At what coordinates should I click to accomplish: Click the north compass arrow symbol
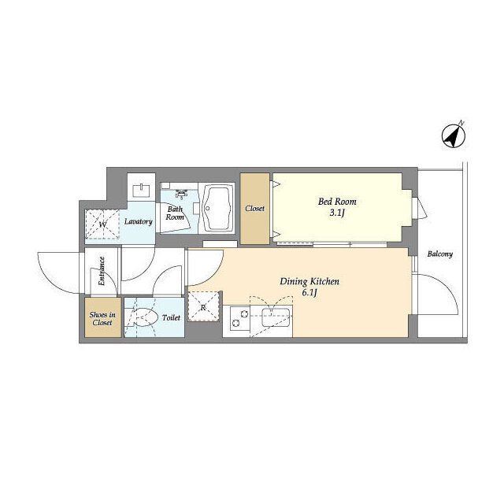tap(454, 136)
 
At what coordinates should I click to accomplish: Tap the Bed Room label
tap(337, 202)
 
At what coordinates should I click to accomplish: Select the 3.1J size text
tap(336, 213)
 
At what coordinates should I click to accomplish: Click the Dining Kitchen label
tap(309, 282)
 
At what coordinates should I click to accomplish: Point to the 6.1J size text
tap(309, 293)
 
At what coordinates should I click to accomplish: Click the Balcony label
tap(440, 254)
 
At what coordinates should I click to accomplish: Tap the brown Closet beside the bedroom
tap(255, 209)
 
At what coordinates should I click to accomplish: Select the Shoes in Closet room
tap(103, 317)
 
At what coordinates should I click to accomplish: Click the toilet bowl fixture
tap(146, 317)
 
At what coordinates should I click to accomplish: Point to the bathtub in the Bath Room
tap(217, 208)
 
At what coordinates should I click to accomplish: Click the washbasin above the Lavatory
tap(142, 191)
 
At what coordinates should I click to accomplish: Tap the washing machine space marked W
tap(102, 224)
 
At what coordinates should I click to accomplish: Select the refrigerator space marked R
tap(204, 306)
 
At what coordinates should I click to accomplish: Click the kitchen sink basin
tap(276, 317)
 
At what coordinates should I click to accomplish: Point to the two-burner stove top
tap(240, 319)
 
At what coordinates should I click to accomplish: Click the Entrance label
tap(102, 271)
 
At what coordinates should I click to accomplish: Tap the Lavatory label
tap(139, 221)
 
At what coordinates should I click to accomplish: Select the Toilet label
tap(171, 318)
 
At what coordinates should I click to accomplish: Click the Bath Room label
tap(175, 213)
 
